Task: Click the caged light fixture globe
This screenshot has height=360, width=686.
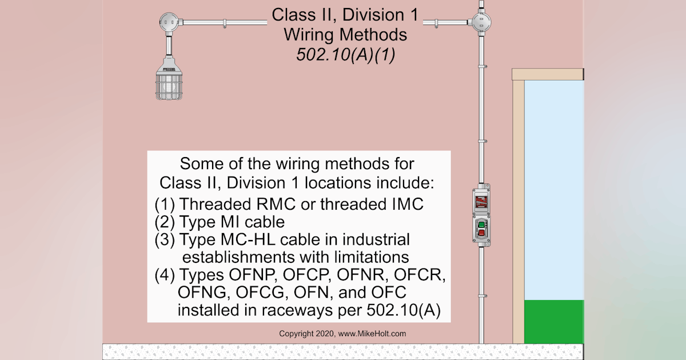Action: pyautogui.click(x=171, y=84)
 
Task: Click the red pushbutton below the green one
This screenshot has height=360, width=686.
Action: pyautogui.click(x=481, y=232)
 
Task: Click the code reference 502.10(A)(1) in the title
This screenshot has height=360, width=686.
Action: pyautogui.click(x=345, y=55)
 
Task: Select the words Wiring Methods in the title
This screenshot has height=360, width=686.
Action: pyautogui.click(x=345, y=34)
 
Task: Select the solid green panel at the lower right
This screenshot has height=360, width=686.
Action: pyautogui.click(x=554, y=322)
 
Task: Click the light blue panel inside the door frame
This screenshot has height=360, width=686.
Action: pyautogui.click(x=554, y=189)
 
